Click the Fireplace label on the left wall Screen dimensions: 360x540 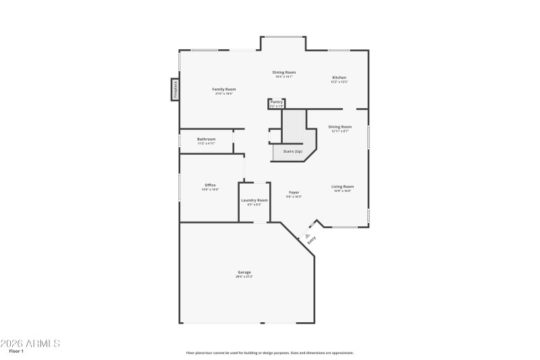[174, 90]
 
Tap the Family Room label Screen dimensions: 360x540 [223, 89]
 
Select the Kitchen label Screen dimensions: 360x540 [339, 78]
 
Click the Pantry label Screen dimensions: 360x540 [277, 102]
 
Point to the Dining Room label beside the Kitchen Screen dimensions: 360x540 [283, 72]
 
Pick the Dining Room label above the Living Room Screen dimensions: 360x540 [340, 126]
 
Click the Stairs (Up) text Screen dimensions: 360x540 [292, 151]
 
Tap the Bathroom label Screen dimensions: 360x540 [206, 139]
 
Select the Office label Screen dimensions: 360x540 [210, 185]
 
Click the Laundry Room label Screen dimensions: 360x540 [254, 200]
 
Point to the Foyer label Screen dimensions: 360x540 [294, 192]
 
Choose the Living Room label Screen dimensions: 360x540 [342, 186]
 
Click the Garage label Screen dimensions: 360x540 [244, 272]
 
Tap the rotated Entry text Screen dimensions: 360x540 [311, 238]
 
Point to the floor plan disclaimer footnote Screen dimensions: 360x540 [269, 353]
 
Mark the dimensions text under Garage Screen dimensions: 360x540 [244, 277]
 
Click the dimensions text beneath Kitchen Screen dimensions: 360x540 [339, 82]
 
